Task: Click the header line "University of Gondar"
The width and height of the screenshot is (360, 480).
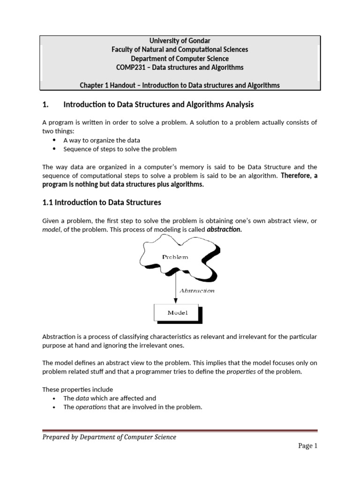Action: pyautogui.click(x=180, y=41)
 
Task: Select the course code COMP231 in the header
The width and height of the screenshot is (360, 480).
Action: pyautogui.click(x=129, y=67)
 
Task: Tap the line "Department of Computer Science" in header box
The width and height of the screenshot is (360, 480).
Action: pyautogui.click(x=180, y=59)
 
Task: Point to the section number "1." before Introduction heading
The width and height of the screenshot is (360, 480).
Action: pyautogui.click(x=46, y=104)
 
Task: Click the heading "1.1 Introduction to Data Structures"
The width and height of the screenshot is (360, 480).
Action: pyautogui.click(x=102, y=202)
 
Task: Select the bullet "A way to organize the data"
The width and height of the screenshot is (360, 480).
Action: pyautogui.click(x=102, y=140)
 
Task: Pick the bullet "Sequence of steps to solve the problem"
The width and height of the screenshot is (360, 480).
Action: pyautogui.click(x=120, y=149)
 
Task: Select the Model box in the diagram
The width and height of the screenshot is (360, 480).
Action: pyautogui.click(x=177, y=312)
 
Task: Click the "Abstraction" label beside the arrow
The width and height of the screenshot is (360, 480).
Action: pyautogui.click(x=197, y=291)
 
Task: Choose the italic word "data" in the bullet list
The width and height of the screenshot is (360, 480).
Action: pyautogui.click(x=82, y=398)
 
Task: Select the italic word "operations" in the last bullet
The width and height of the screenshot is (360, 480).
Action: pyautogui.click(x=91, y=407)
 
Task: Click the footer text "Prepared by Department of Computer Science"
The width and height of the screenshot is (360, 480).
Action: pyautogui.click(x=109, y=437)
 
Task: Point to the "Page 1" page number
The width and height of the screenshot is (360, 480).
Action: pyautogui.click(x=308, y=446)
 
